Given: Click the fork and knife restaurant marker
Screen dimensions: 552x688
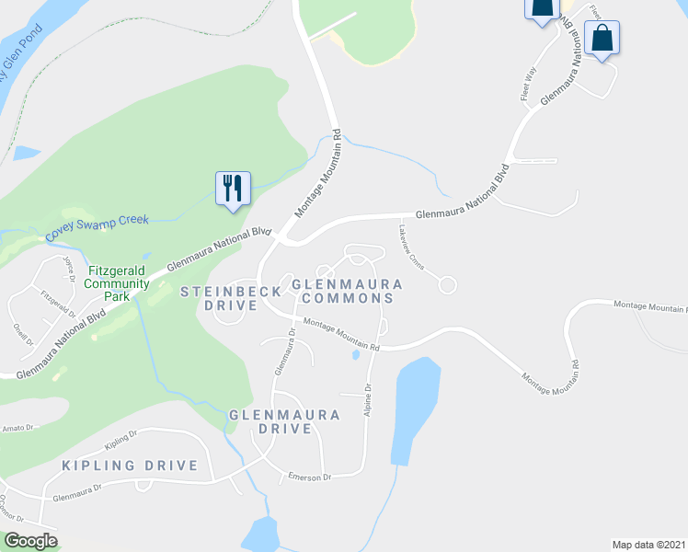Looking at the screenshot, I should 233,189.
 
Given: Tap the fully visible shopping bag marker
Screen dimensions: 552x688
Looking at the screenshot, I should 602,39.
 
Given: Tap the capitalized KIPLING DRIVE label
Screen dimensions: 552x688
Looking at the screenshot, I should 130,466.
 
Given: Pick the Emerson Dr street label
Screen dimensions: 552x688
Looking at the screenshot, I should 307,476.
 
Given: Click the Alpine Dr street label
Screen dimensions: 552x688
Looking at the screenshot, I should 368,400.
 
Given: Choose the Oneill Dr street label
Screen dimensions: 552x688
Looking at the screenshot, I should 23,331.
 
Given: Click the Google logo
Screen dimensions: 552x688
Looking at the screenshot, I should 30,541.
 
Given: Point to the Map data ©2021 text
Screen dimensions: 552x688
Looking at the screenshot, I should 648,545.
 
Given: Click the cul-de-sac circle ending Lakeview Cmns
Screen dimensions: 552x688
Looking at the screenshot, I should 448,285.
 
